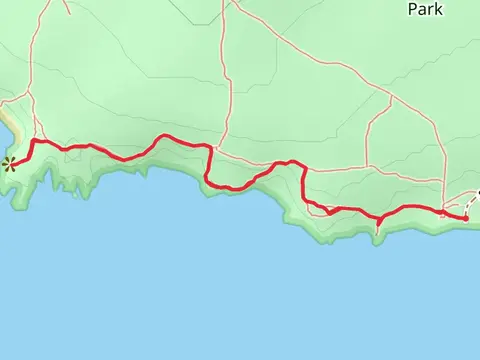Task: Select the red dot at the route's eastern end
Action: tap(466, 217)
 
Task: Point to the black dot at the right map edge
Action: tap(478, 192)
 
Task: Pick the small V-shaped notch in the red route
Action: tap(329, 212)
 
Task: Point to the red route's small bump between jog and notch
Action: tap(290, 161)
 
